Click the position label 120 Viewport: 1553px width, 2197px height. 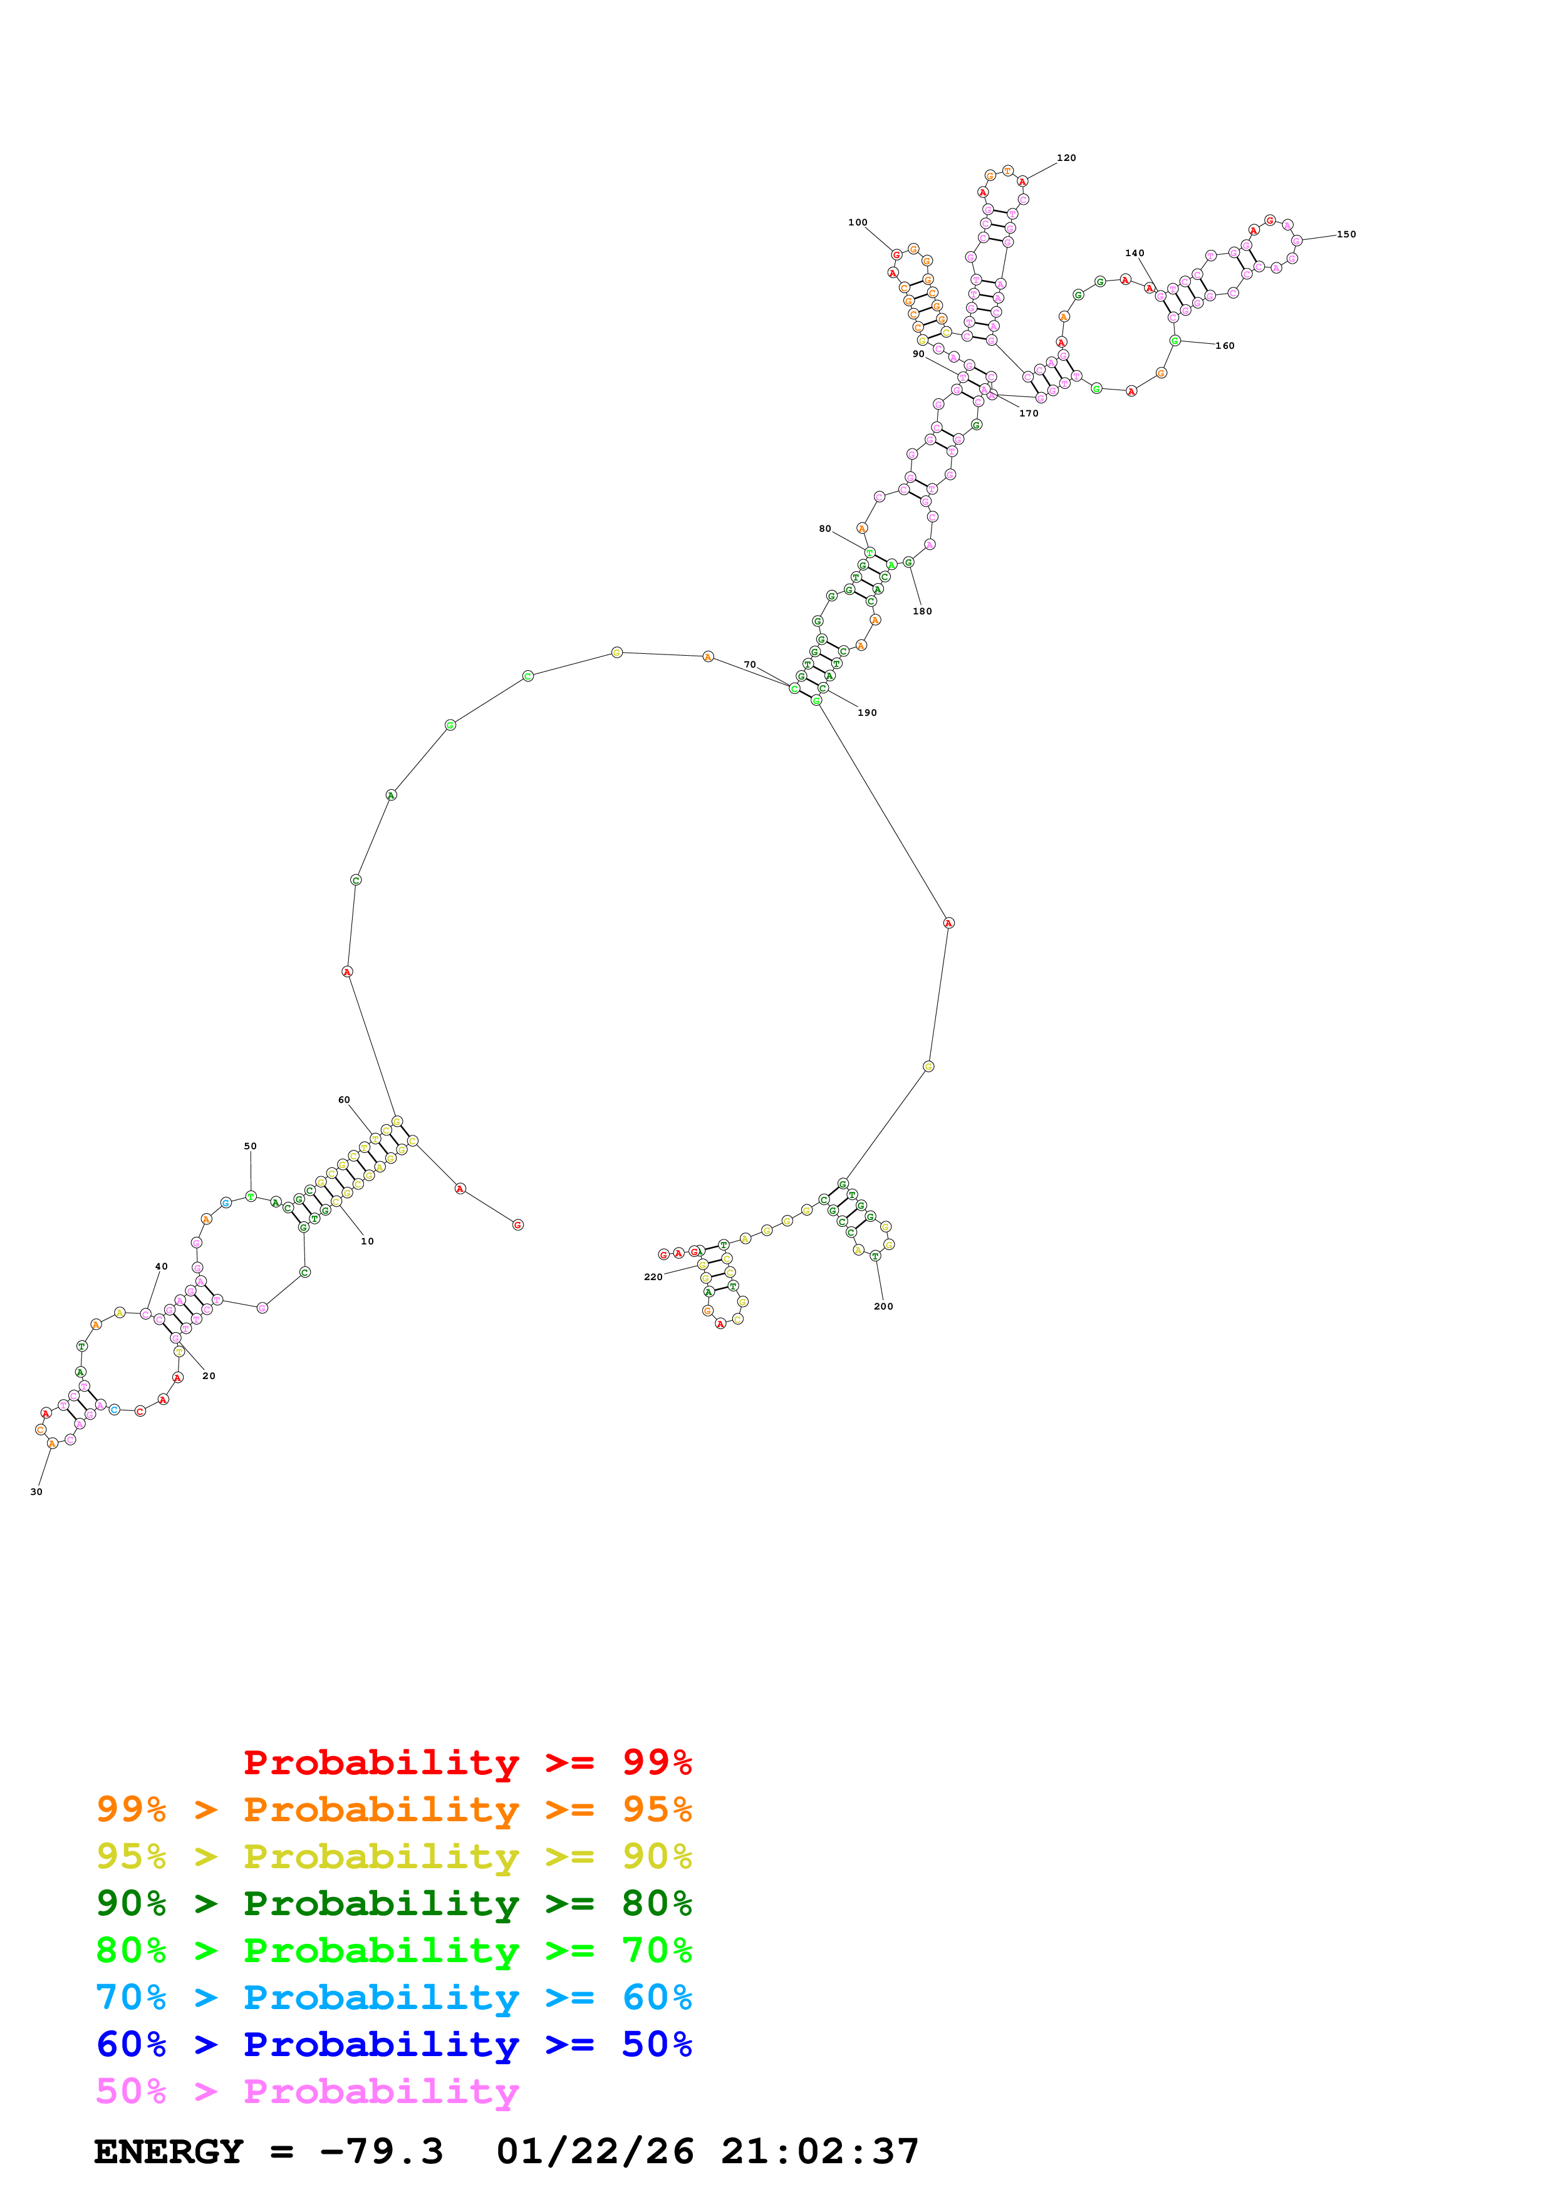coord(1066,158)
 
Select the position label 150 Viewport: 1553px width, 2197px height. coord(1346,234)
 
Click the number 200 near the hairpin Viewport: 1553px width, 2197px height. coord(883,1306)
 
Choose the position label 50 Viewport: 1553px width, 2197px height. coord(250,1146)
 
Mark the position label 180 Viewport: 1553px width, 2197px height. coord(922,611)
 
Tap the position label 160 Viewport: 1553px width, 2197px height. coord(1225,346)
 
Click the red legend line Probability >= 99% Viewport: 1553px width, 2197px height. coord(467,1762)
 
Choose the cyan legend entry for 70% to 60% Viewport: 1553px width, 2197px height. coord(393,1998)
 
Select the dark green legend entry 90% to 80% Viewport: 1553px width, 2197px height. coord(393,1904)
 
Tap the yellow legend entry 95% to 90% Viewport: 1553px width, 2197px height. coord(393,1856)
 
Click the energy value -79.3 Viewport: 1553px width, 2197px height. coord(381,2152)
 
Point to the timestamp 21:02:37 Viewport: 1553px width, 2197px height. coord(820,2152)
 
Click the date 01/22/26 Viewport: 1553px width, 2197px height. coord(595,2152)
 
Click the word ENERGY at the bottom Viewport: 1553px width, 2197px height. coord(169,2152)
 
